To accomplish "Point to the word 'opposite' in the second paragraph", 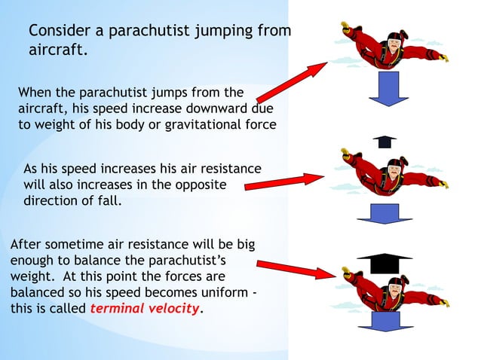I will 199,185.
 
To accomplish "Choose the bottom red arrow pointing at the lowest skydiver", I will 294,269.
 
